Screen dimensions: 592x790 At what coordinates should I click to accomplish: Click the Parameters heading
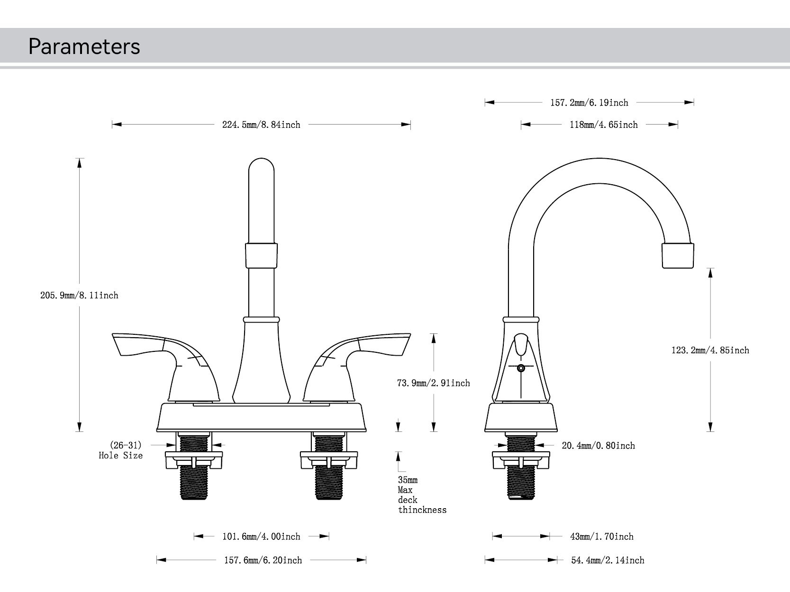click(x=84, y=46)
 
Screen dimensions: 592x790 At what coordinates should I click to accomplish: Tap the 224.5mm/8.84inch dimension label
click(x=261, y=125)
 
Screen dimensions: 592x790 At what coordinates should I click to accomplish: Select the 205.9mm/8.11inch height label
click(x=79, y=296)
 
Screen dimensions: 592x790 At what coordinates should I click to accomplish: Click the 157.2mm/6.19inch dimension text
click(x=589, y=103)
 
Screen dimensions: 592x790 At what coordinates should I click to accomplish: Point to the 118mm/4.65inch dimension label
click(x=603, y=125)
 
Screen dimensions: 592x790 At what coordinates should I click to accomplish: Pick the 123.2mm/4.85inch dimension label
click(x=710, y=350)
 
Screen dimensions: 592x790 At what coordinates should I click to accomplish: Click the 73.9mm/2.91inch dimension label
click(x=433, y=383)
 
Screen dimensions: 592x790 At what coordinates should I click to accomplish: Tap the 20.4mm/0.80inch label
click(x=598, y=446)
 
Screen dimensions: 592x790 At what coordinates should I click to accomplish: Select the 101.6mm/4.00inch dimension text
click(x=261, y=537)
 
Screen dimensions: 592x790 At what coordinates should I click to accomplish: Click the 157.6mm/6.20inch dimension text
click(x=263, y=560)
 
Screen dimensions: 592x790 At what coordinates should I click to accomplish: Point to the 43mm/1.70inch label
click(x=601, y=537)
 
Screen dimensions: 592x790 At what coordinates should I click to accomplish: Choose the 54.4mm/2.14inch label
click(x=608, y=560)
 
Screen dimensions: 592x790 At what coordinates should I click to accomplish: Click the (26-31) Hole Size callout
click(x=121, y=450)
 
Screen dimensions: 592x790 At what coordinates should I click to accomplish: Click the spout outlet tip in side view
click(x=678, y=256)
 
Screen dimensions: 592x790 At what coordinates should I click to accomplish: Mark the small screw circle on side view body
click(x=521, y=368)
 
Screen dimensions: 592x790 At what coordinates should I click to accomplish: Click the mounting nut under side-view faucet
click(x=521, y=460)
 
